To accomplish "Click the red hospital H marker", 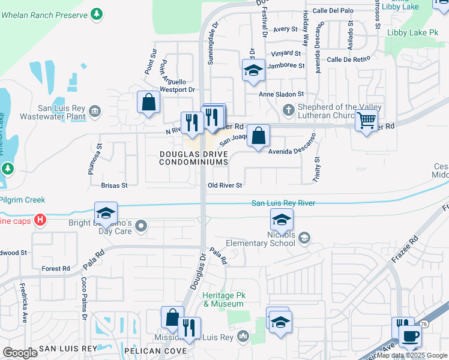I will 40,220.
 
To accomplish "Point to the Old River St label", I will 224,185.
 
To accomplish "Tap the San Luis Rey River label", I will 283,203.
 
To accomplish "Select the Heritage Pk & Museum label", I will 223,300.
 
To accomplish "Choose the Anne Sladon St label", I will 282,94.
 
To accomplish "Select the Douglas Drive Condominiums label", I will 194,158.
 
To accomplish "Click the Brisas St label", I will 114,185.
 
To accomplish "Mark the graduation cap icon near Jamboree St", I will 253,70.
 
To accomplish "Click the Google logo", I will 20,353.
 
